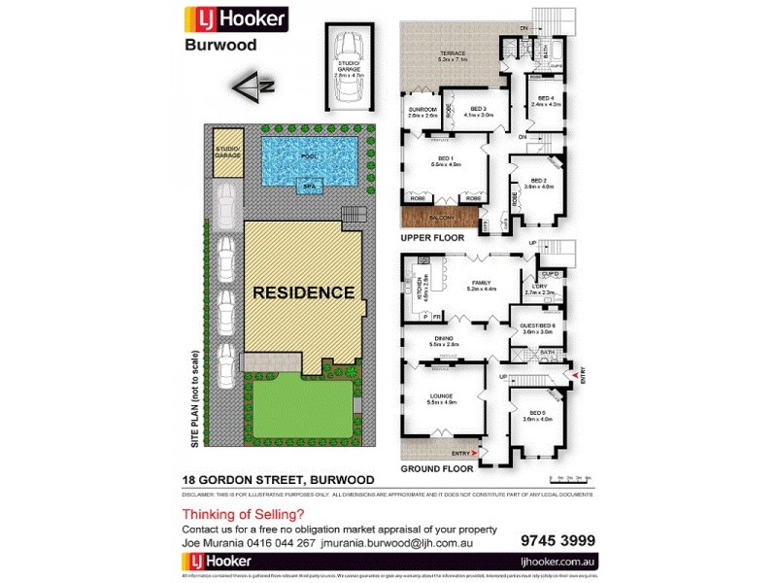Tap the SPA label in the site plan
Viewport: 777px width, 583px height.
[309, 185]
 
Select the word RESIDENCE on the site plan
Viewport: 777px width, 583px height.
[303, 291]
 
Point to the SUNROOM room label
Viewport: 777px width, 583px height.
[422, 111]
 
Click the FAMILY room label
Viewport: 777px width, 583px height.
[482, 285]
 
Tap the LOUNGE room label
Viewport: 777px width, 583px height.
[441, 397]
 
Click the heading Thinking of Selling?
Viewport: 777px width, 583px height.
[243, 514]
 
